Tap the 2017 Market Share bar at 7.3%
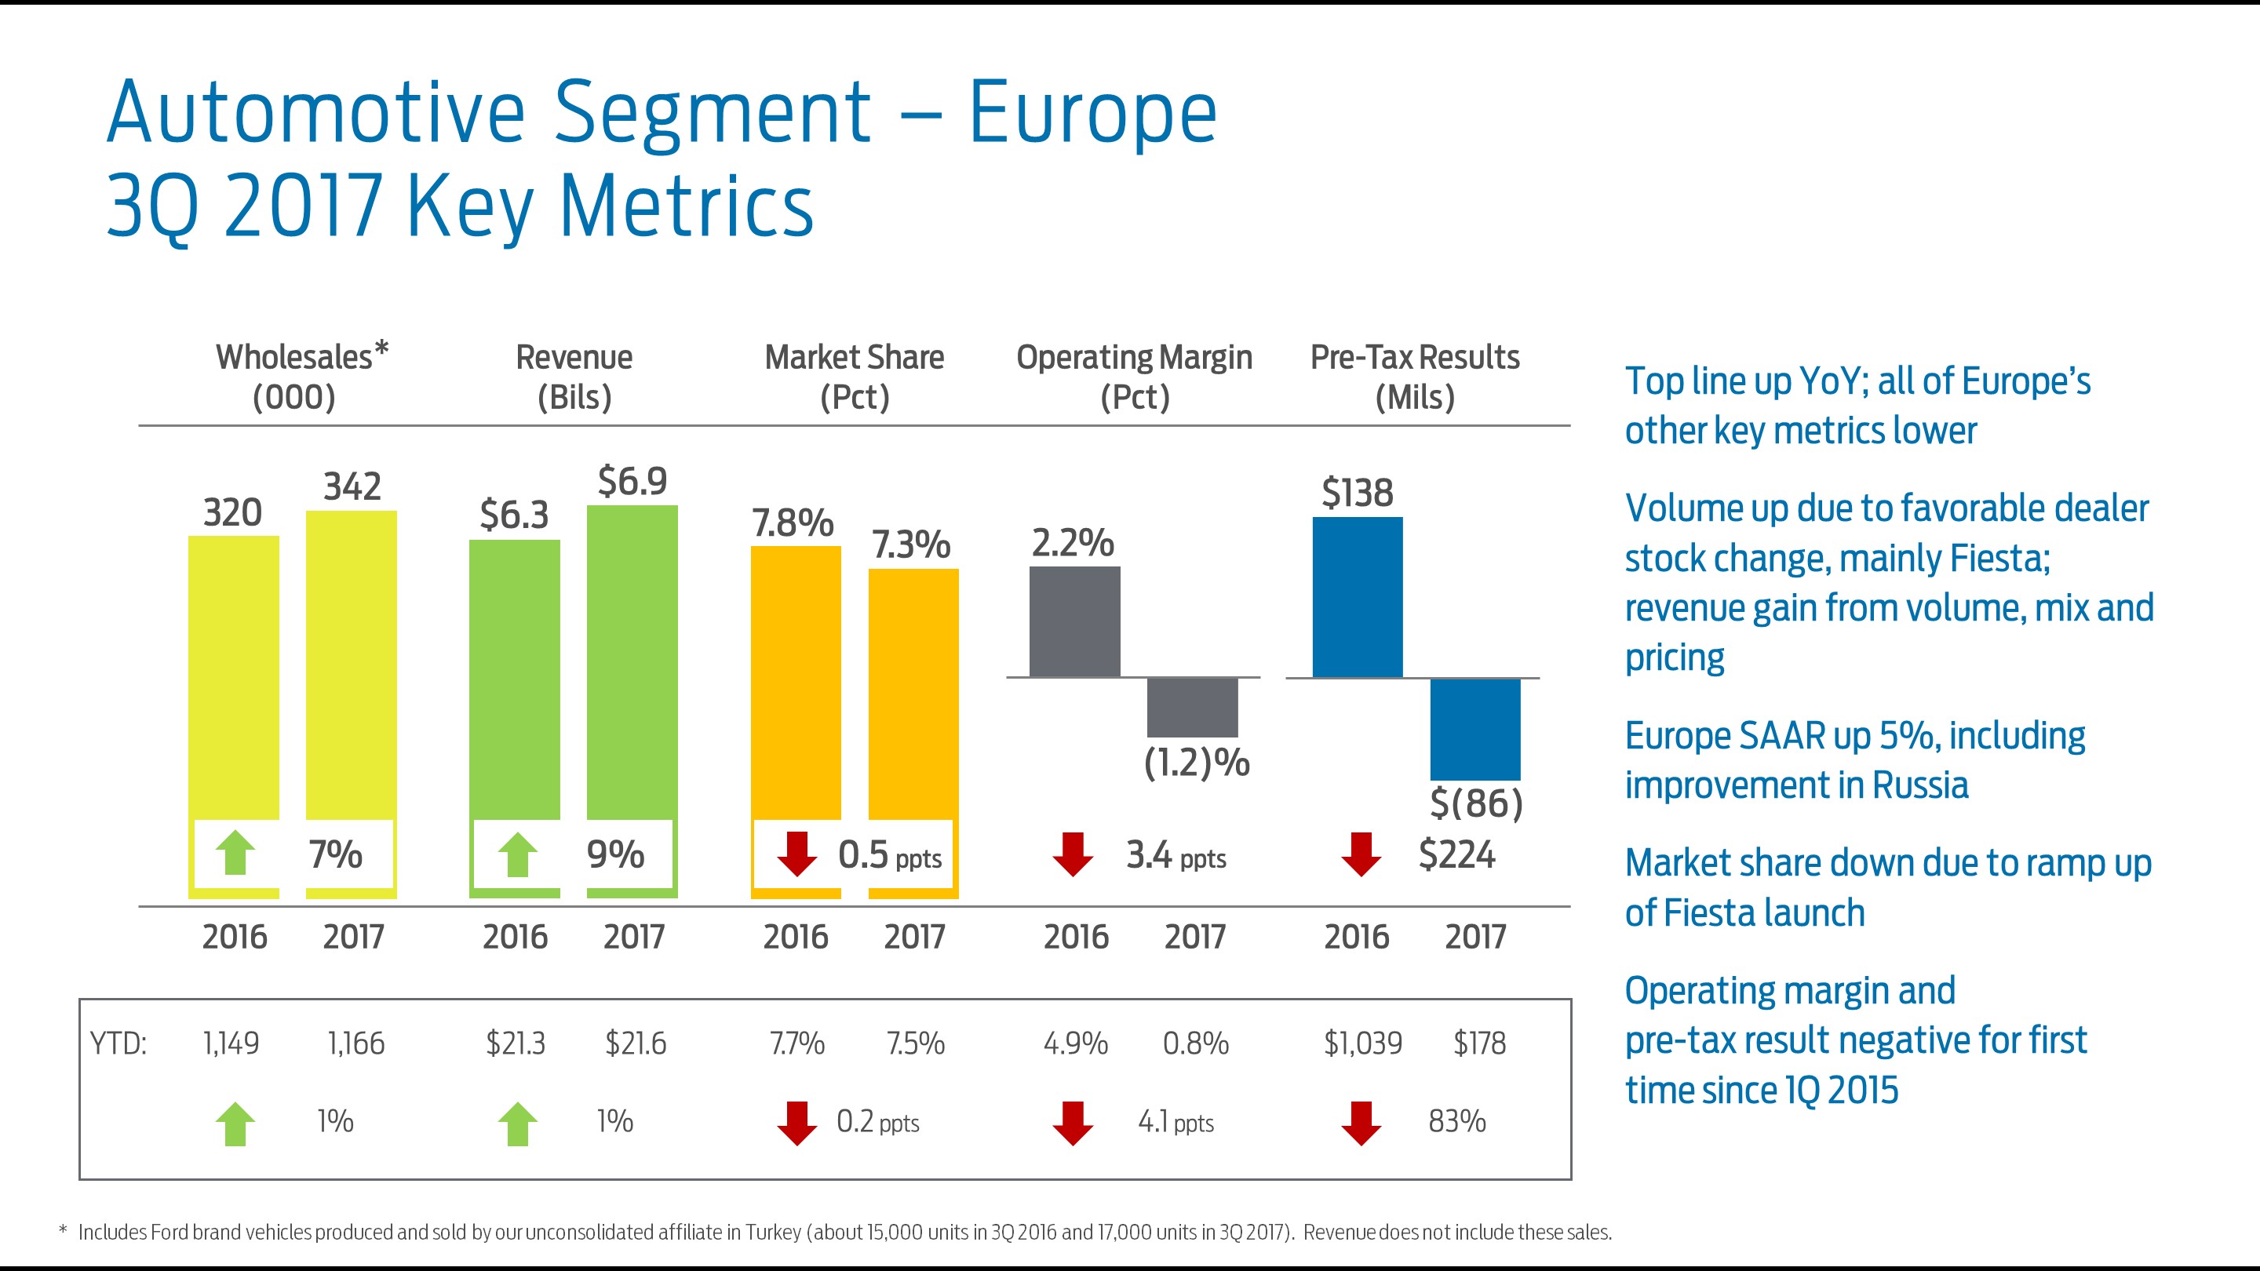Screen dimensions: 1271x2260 click(913, 693)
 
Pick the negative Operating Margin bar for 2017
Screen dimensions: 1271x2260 click(1192, 707)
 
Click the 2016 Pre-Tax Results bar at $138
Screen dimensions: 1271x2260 click(1358, 597)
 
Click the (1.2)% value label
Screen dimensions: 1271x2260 click(1197, 763)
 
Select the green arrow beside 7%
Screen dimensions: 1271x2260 click(235, 854)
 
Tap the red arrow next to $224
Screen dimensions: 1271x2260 click(1361, 854)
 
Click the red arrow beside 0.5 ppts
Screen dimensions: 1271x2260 click(796, 854)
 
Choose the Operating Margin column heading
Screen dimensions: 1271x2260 click(1135, 377)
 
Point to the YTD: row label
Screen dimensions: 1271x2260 click(118, 1043)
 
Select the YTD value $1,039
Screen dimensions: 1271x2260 click(1362, 1043)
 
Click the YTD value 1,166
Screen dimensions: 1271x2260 click(355, 1043)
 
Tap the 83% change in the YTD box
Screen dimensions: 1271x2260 click(1456, 1121)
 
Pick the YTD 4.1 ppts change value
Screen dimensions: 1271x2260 click(1176, 1122)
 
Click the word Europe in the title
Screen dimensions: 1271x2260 click(1092, 114)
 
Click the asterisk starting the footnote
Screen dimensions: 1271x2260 click(62, 1231)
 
